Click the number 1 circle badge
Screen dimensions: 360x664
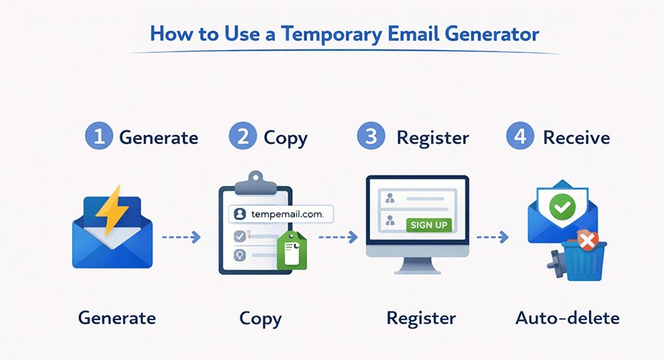pyautogui.click(x=99, y=137)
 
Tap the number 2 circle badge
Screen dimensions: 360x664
pyautogui.click(x=243, y=137)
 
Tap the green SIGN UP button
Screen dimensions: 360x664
pyautogui.click(x=430, y=225)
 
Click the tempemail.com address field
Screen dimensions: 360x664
pyautogui.click(x=280, y=212)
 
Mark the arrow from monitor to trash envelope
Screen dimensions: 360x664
pyautogui.click(x=494, y=235)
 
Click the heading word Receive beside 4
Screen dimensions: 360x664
pyautogui.click(x=576, y=137)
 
